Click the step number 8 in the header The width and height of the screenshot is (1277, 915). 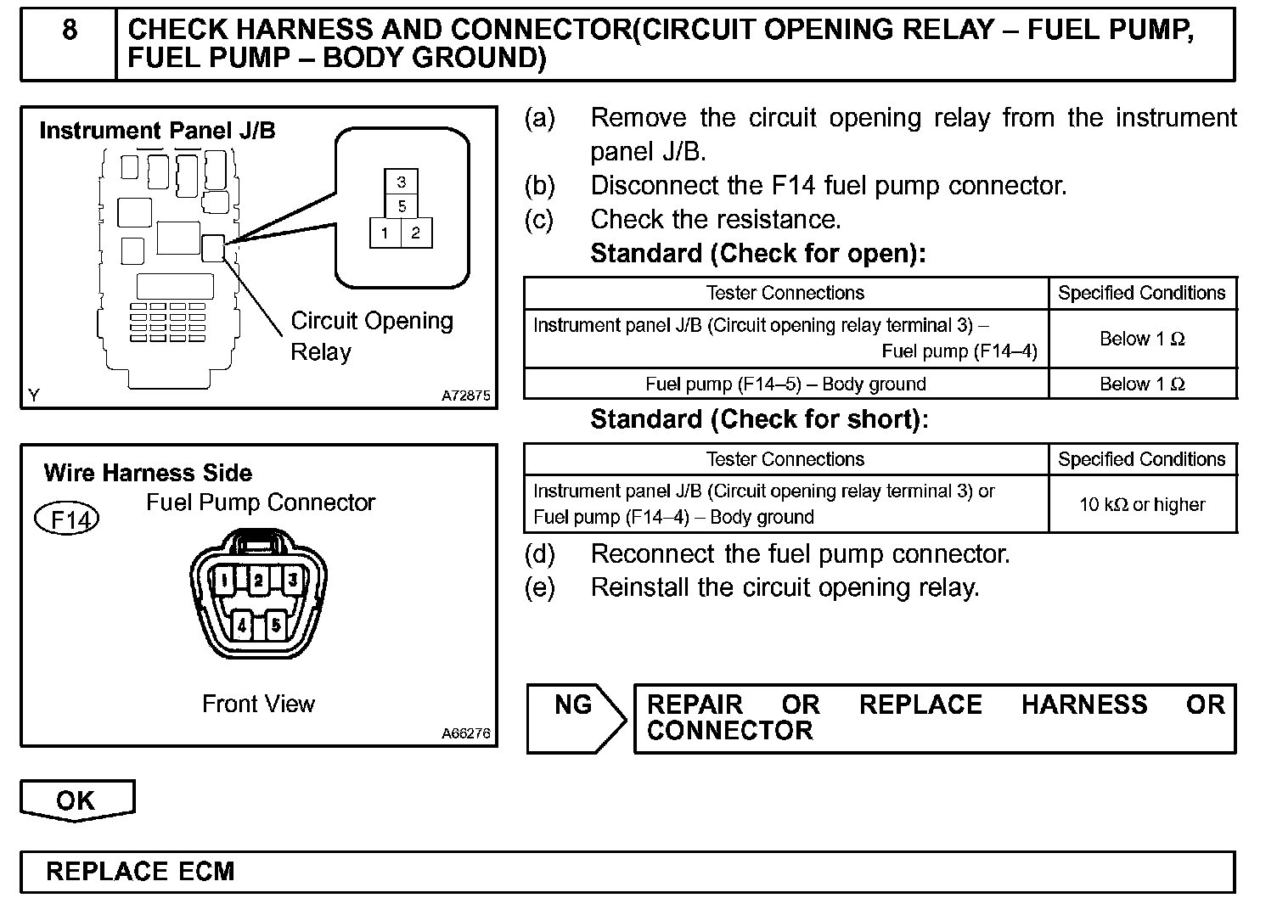tap(70, 31)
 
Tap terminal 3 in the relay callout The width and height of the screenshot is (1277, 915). tap(402, 182)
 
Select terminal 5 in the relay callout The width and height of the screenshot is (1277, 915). tap(402, 206)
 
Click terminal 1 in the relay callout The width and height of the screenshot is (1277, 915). tap(385, 233)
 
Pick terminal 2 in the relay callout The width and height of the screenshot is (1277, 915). tap(416, 233)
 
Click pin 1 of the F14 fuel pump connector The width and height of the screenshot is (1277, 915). tap(223, 581)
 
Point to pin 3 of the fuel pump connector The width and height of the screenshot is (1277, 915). tap(292, 581)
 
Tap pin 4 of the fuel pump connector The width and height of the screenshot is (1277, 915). tap(242, 626)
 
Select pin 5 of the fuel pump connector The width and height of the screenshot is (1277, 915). tap(276, 626)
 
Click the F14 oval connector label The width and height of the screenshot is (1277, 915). tap(67, 519)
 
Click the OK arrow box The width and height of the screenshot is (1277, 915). tap(76, 800)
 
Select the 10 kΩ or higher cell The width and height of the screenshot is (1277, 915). tap(1142, 504)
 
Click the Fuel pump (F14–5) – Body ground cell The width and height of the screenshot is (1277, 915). tap(785, 384)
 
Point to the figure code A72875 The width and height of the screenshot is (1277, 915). tap(465, 396)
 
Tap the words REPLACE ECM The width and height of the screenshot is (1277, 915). tap(140, 872)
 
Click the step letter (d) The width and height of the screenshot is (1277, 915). tap(540, 554)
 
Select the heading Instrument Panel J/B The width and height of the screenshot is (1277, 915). tap(157, 131)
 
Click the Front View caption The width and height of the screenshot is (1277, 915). tap(258, 704)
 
